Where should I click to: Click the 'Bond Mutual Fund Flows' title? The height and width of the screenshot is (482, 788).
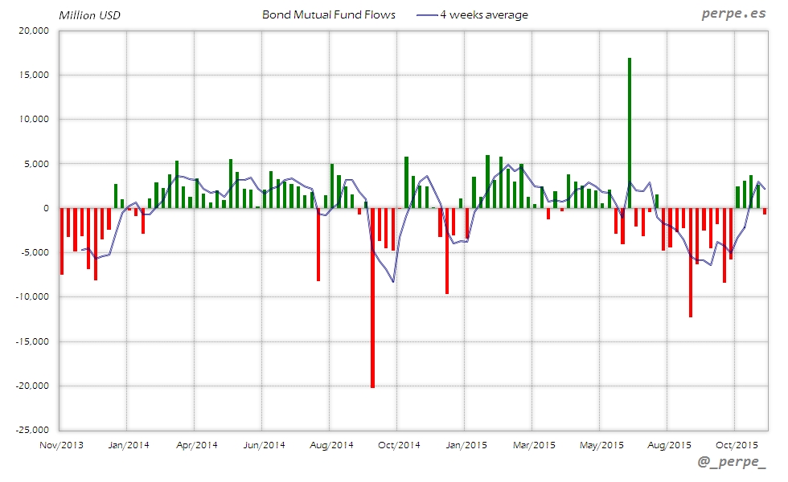click(329, 14)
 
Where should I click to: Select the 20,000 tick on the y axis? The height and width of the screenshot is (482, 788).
click(33, 31)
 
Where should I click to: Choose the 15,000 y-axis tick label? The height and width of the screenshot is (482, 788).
click(33, 75)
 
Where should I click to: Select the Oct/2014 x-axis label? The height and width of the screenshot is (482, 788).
click(399, 444)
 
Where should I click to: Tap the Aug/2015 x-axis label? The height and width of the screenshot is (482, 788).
click(669, 444)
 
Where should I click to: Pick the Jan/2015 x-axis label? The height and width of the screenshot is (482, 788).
click(466, 444)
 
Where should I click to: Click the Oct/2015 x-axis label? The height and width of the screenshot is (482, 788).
click(737, 444)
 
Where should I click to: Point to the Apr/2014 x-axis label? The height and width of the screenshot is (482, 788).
click(196, 444)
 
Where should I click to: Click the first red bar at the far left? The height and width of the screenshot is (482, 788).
click(62, 241)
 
